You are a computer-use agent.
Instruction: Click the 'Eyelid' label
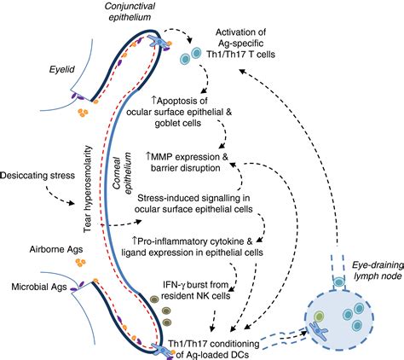(x=61, y=69)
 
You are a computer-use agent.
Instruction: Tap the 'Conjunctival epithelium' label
(x=130, y=11)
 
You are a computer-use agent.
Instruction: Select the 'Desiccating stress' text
(x=38, y=176)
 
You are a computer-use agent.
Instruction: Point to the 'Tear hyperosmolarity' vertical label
(x=88, y=189)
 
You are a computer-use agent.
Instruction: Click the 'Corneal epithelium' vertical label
(x=123, y=173)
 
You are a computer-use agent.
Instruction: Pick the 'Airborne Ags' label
(x=56, y=249)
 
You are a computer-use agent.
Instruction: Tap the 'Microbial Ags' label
(x=39, y=287)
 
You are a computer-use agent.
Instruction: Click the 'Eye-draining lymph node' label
(x=378, y=270)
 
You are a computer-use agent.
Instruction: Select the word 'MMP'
(x=162, y=157)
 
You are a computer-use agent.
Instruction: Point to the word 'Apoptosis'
(x=179, y=101)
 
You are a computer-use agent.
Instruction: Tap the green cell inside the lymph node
(x=320, y=316)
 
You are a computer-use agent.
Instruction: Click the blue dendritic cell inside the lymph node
(x=319, y=331)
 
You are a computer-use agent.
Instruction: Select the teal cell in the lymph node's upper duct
(x=338, y=282)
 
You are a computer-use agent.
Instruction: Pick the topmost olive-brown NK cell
(x=154, y=299)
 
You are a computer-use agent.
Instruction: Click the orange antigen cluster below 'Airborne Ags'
(x=80, y=263)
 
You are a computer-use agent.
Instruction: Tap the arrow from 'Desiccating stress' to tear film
(x=58, y=196)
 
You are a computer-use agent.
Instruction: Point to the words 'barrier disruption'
(x=186, y=168)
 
